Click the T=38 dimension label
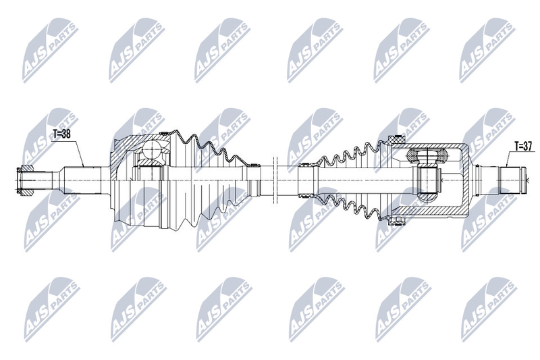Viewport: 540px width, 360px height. point(62,134)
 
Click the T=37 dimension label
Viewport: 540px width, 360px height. point(523,147)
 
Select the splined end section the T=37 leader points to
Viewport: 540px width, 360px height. point(512,180)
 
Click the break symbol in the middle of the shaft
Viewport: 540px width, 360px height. point(275,180)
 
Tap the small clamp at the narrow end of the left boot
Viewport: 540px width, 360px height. point(254,165)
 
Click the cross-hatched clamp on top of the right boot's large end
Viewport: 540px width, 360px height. point(396,140)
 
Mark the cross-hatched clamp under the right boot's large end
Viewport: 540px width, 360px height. point(396,220)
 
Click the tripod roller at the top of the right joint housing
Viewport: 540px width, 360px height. point(427,155)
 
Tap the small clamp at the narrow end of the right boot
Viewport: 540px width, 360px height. point(304,164)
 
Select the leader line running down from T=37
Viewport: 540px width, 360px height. point(510,159)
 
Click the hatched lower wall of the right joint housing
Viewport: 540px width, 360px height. point(427,211)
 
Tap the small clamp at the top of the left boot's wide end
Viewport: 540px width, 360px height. point(165,133)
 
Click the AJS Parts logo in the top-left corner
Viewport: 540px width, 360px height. point(51,50)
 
